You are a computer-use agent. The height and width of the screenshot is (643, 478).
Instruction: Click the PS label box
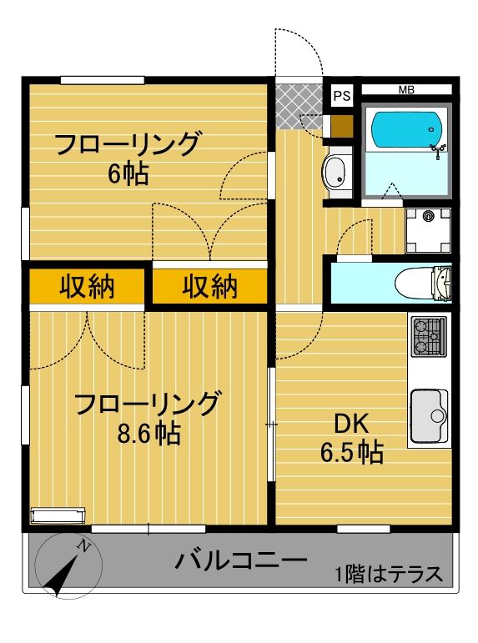[341, 95]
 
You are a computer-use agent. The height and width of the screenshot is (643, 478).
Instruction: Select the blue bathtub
[405, 130]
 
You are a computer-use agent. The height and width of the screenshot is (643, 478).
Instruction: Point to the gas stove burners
[429, 335]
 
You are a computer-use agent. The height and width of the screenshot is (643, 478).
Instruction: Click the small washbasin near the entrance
[336, 175]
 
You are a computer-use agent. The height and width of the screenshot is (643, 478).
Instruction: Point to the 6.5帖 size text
[352, 453]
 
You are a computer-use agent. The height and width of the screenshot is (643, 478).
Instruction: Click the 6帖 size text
[127, 173]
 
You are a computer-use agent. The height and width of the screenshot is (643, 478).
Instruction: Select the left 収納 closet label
[87, 288]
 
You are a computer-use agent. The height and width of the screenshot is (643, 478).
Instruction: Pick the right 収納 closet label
[210, 288]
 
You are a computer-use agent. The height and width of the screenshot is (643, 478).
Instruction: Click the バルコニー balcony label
[241, 560]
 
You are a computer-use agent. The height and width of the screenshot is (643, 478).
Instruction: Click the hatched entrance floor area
[297, 107]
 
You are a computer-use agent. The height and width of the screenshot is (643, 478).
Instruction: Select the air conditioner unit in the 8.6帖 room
[58, 515]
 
